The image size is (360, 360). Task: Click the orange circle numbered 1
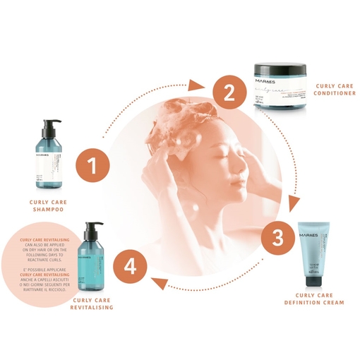tap(90, 167)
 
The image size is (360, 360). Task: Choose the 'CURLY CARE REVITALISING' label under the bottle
tap(92, 304)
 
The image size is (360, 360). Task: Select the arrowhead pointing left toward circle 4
tap(159, 284)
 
